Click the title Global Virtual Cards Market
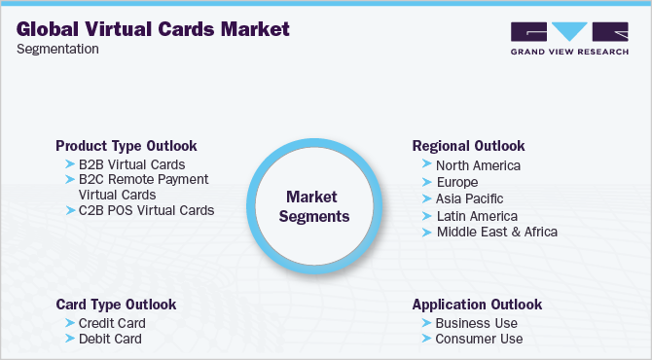click(153, 28)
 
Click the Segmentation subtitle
click(57, 50)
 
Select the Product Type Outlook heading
click(126, 145)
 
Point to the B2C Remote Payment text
click(143, 179)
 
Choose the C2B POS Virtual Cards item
click(146, 209)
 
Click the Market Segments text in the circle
click(313, 205)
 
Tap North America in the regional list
click(478, 165)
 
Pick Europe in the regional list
click(456, 182)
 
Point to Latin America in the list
click(476, 215)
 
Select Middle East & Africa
click(496, 232)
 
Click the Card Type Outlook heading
click(116, 305)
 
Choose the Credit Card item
click(112, 323)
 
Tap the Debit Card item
click(110, 339)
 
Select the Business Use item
click(476, 323)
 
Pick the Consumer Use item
click(479, 339)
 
